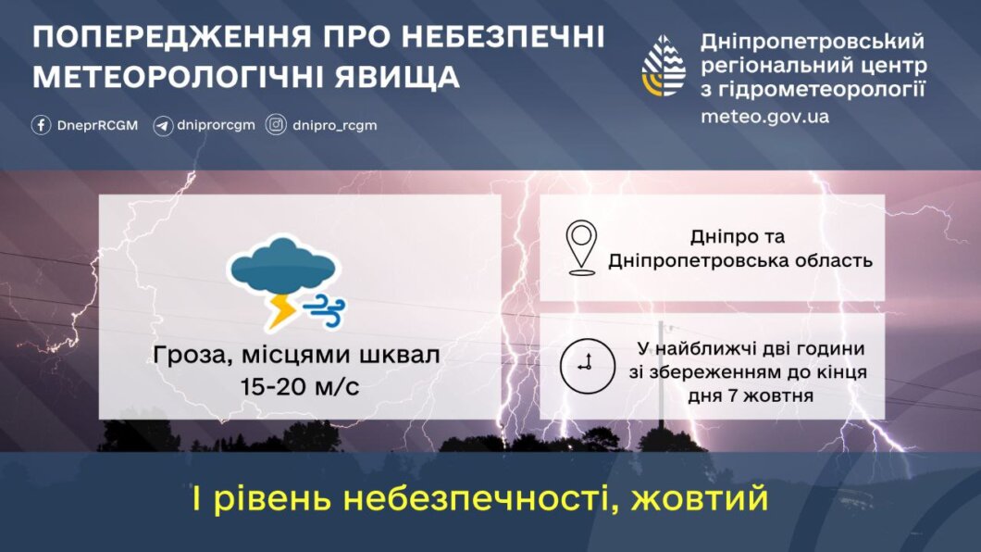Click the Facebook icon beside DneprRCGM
42,125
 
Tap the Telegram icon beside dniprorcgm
163,126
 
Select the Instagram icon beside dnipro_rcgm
276,125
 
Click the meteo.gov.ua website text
764,117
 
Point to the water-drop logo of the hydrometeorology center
664,66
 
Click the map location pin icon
581,248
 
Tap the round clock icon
588,366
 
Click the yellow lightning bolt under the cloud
281,311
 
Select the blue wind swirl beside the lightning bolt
324,311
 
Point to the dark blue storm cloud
283,267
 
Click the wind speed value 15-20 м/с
300,387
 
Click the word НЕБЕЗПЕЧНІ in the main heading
503,37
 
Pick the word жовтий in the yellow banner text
700,498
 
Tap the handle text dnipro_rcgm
335,125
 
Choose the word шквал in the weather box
400,356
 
